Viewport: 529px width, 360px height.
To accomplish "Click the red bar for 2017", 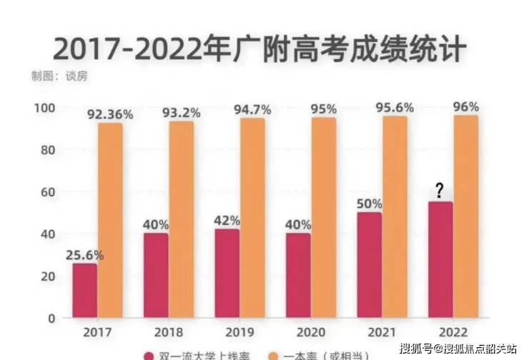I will [x=84, y=291].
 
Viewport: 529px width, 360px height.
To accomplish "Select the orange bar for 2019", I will [x=252, y=218].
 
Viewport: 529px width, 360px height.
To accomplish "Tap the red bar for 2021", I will [x=370, y=265].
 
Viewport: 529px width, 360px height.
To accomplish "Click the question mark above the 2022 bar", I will [x=440, y=191].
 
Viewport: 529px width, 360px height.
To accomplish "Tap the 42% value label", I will [x=227, y=221].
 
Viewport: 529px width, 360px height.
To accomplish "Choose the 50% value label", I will [x=370, y=204].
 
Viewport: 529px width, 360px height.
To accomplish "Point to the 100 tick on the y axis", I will [x=44, y=108].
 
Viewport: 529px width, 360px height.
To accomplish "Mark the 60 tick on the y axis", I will [x=47, y=192].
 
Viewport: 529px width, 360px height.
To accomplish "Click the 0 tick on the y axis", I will [x=51, y=318].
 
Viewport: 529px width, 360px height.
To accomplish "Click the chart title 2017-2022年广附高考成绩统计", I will [x=259, y=49].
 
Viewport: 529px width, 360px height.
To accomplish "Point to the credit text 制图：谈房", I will [x=59, y=75].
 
